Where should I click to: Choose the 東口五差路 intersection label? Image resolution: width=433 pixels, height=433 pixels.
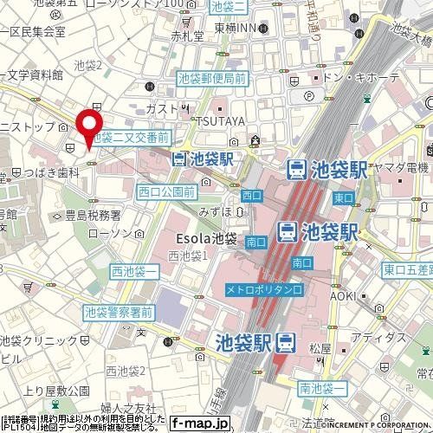(408, 269)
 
